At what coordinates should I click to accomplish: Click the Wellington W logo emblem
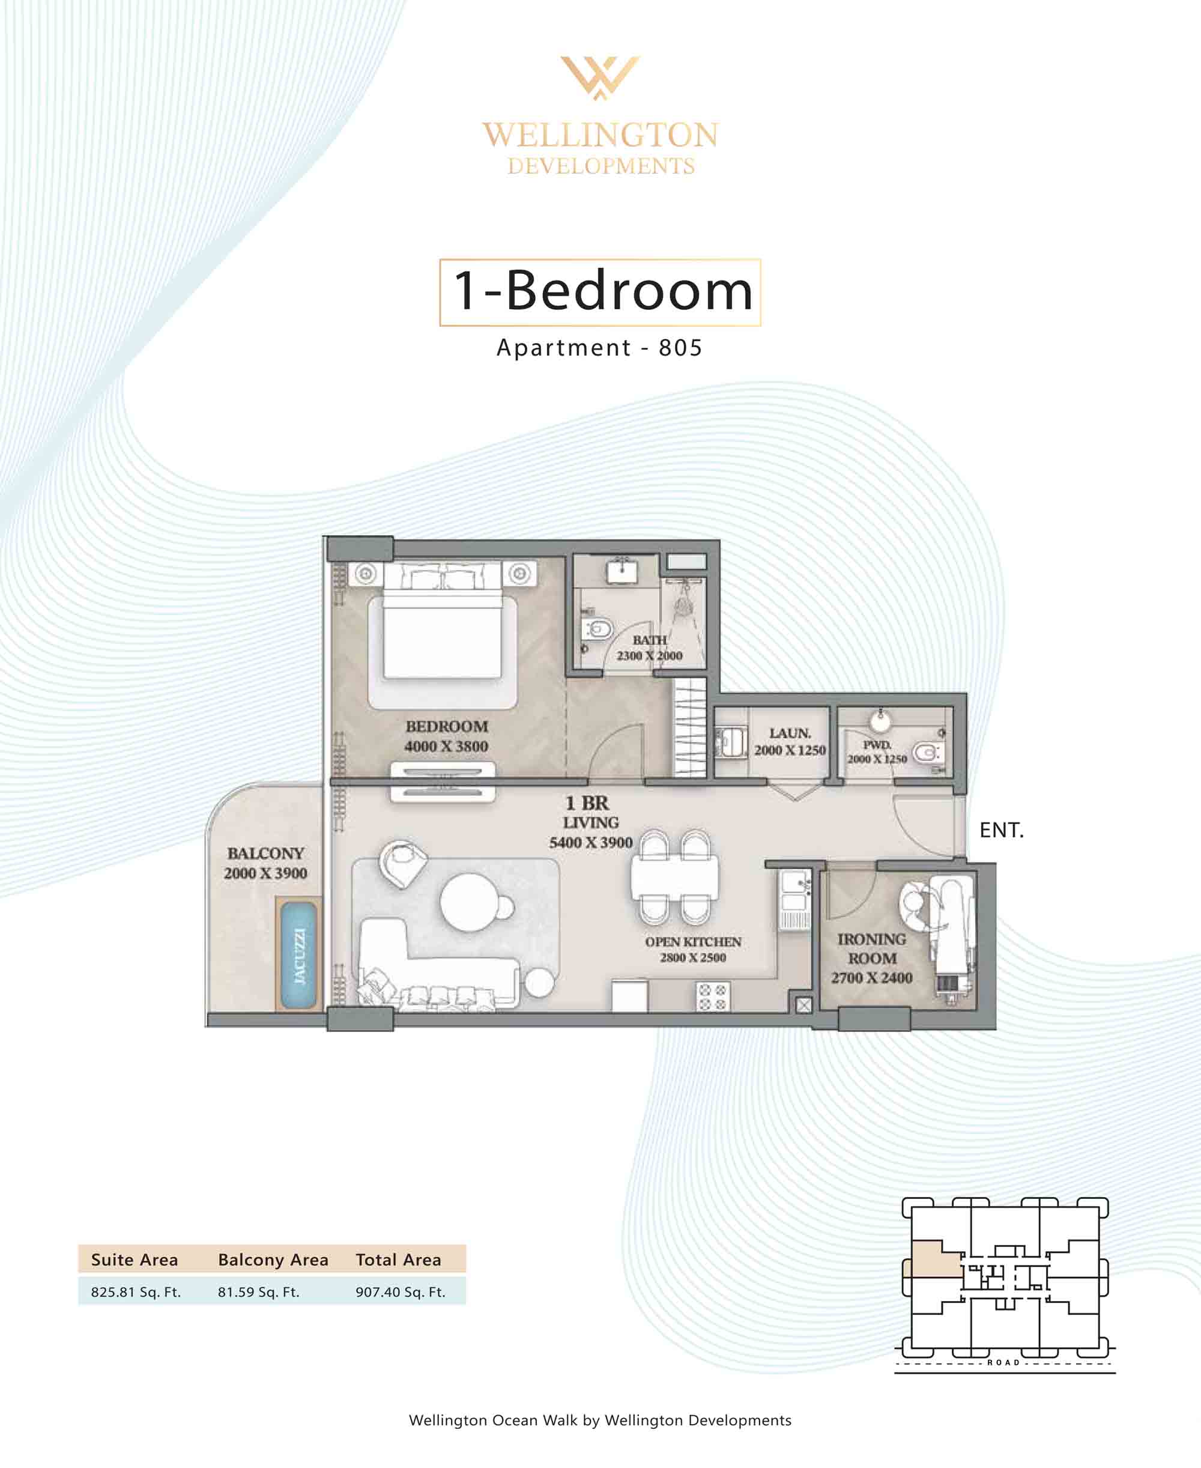click(x=600, y=77)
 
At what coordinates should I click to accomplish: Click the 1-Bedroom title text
click(x=602, y=291)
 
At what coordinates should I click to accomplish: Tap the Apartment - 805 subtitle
click(x=600, y=347)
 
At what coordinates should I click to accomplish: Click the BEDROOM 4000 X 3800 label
click(x=446, y=736)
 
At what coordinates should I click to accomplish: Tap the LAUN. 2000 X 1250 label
click(x=790, y=742)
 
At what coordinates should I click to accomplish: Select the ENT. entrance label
click(x=1001, y=830)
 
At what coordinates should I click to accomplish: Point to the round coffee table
click(x=469, y=902)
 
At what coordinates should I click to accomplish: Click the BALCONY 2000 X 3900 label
click(x=265, y=863)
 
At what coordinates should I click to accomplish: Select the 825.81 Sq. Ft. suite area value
click(x=136, y=1291)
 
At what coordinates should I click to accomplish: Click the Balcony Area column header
click(x=273, y=1260)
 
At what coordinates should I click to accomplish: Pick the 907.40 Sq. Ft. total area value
click(x=401, y=1291)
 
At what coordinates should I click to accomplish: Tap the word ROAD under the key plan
click(x=1003, y=1362)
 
